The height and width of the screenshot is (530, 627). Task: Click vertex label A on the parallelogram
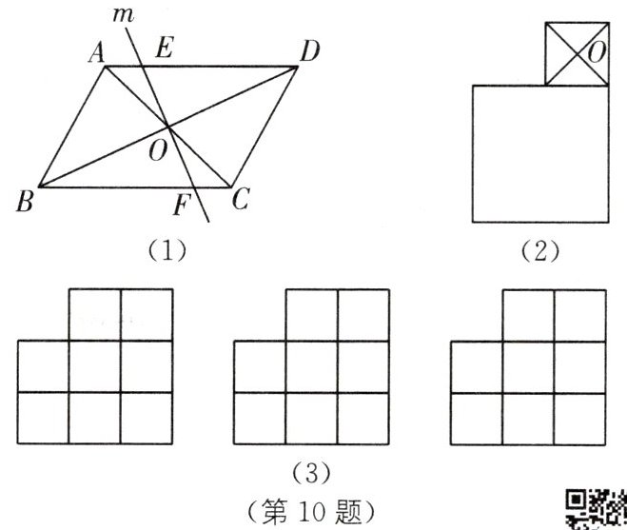pyautogui.click(x=96, y=54)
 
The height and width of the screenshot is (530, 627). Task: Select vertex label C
pyautogui.click(x=242, y=199)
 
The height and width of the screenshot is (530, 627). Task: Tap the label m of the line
pyautogui.click(x=123, y=14)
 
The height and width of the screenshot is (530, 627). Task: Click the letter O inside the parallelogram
pyautogui.click(x=156, y=147)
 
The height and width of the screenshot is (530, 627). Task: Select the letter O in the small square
pyautogui.click(x=597, y=53)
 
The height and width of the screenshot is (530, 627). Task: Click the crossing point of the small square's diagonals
pyautogui.click(x=576, y=53)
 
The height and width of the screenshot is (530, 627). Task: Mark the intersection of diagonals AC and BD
pyautogui.click(x=168, y=126)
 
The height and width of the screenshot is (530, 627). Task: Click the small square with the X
pyautogui.click(x=576, y=53)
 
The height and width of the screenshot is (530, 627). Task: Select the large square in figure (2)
pyautogui.click(x=539, y=153)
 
